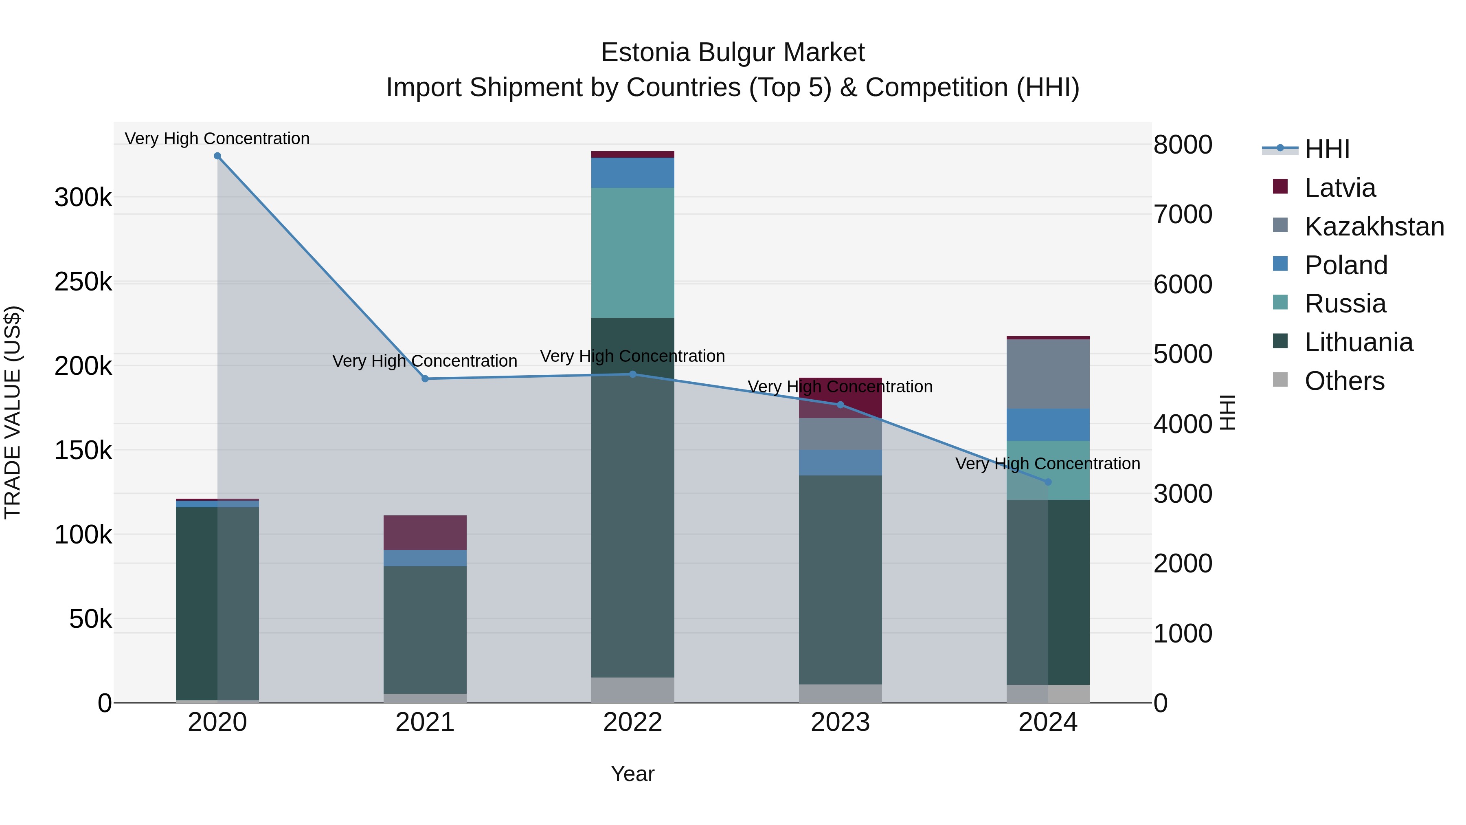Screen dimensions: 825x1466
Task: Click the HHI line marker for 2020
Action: (x=217, y=156)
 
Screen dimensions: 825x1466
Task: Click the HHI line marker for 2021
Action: (x=425, y=378)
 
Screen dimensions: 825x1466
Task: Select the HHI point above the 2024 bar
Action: (x=1048, y=482)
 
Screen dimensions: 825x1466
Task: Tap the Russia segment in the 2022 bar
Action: (x=632, y=253)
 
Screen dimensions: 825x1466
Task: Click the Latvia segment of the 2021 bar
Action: (x=425, y=532)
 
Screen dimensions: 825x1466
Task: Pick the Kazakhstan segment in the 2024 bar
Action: (x=1048, y=374)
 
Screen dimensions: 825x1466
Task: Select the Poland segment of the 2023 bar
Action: (x=840, y=462)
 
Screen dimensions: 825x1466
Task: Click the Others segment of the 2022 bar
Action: (x=632, y=689)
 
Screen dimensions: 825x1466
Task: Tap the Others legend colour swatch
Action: (x=1280, y=379)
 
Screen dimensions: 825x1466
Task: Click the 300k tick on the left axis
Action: (x=83, y=198)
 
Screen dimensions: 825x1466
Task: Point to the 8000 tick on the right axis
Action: (x=1183, y=145)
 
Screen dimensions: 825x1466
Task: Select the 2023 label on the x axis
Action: (x=840, y=722)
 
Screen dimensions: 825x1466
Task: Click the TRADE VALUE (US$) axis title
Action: (x=13, y=412)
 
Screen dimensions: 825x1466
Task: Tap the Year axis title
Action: (x=632, y=774)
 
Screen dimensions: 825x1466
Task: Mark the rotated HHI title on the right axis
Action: (x=1228, y=412)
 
